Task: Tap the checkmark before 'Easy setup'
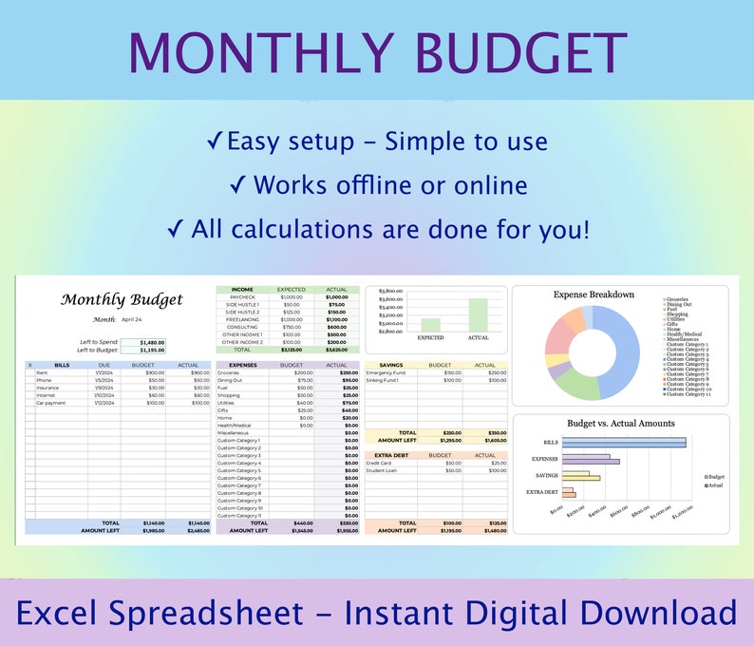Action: (215, 142)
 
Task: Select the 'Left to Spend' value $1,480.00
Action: (151, 342)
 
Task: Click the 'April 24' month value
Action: (133, 320)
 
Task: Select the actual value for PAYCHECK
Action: (336, 296)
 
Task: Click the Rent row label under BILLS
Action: (42, 372)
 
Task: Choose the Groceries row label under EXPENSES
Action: (229, 372)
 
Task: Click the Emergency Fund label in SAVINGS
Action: (386, 372)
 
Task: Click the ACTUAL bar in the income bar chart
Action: (478, 314)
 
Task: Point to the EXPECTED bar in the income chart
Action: (430, 324)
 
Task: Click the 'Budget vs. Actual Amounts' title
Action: (620, 423)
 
